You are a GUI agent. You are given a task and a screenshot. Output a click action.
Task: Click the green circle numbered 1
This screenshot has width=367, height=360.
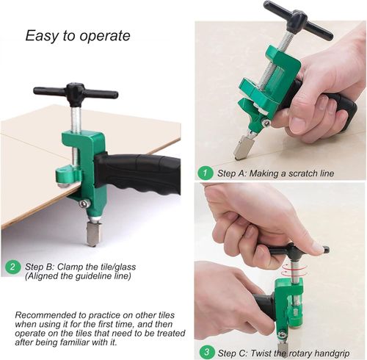tap(206, 173)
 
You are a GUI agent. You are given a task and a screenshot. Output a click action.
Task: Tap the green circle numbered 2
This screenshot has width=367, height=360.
tap(12, 267)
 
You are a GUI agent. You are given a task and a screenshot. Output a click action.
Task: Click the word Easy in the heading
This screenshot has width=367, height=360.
tap(41, 36)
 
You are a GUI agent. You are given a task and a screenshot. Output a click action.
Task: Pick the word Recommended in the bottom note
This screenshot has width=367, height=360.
tap(48, 314)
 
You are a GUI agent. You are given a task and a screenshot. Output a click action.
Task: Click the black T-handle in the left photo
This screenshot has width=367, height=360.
tap(75, 93)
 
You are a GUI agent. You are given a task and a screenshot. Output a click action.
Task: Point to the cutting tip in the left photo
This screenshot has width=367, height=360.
tap(93, 234)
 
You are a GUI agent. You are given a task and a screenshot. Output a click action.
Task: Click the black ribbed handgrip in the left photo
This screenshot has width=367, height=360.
tap(143, 173)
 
